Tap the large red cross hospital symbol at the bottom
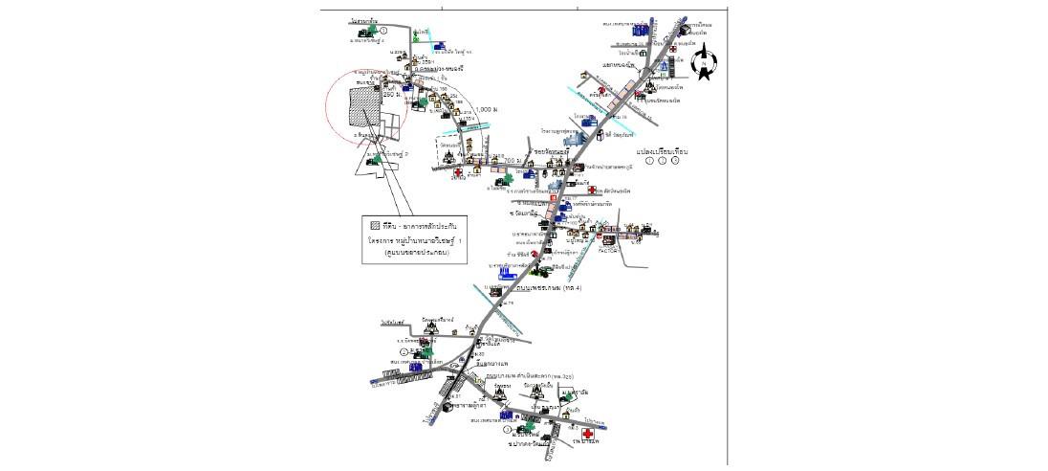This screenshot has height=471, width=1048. (587, 434)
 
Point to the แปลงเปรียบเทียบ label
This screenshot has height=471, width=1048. (663, 151)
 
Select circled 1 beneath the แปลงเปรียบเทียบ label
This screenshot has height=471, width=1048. (650, 162)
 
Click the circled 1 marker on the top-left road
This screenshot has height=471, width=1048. (383, 31)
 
